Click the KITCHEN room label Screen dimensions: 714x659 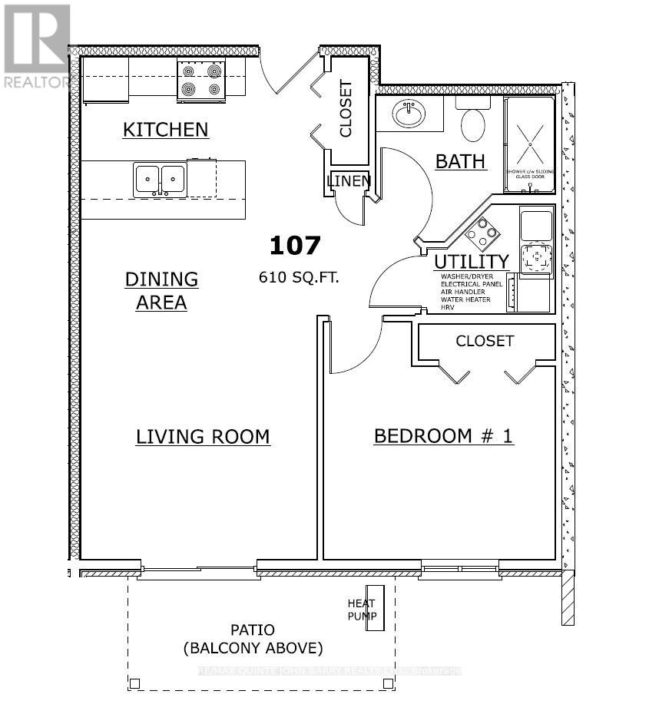165,129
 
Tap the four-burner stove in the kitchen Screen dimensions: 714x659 200,80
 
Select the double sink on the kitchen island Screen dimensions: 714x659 160,180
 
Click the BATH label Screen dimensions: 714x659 460,161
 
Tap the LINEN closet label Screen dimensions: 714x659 349,181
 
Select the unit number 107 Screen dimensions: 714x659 294,246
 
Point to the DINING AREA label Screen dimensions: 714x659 161,290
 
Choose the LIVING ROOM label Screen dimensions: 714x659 203,437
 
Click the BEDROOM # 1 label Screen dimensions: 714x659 443,436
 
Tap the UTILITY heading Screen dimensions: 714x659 472,262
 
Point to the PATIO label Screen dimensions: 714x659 253,630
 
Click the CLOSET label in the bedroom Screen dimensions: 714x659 485,340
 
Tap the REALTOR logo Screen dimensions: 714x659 36,46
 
